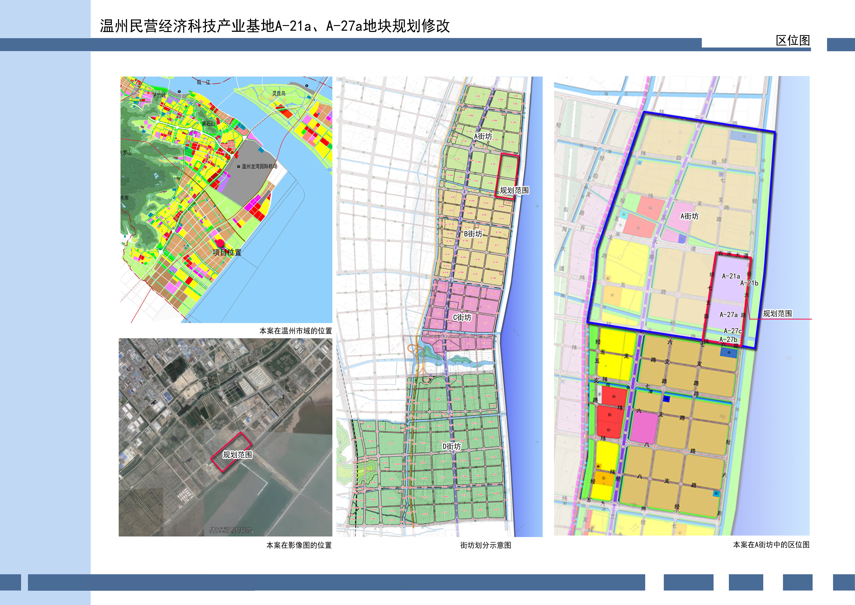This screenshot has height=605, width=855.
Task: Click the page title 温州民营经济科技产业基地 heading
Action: (x=275, y=26)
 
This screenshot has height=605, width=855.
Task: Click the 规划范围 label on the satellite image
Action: (x=237, y=454)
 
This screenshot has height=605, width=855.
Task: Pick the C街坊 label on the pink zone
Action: (x=462, y=317)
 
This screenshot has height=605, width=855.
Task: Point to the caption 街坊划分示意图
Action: (x=486, y=545)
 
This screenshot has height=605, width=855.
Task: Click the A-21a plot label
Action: (x=731, y=276)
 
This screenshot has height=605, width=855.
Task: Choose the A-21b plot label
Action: (x=749, y=283)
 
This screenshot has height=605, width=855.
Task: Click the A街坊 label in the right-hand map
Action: (x=689, y=216)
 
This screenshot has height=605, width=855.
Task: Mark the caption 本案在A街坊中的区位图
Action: (x=771, y=545)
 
